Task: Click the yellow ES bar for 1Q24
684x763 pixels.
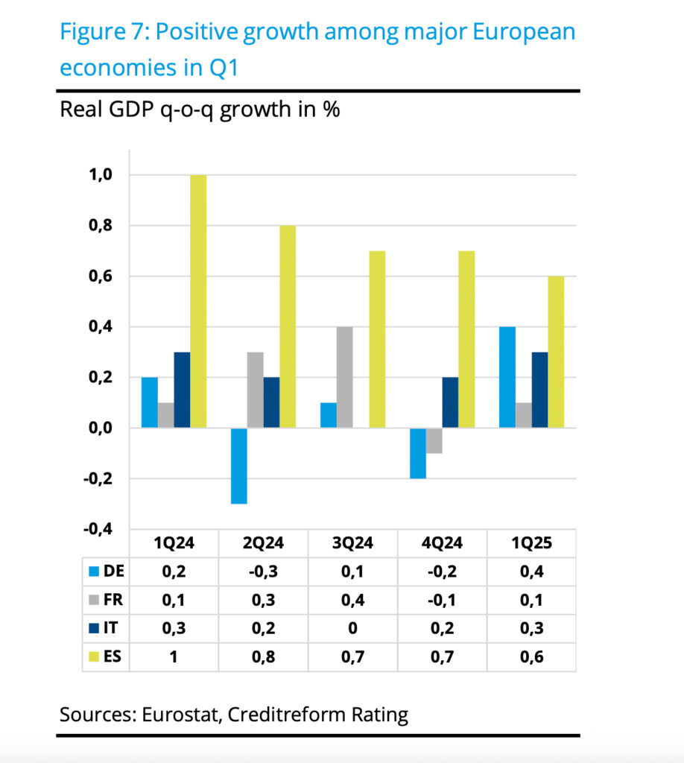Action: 198,301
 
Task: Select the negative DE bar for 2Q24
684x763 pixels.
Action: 238,466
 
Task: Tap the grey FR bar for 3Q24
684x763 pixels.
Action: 344,377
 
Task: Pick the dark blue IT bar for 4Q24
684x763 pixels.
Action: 450,402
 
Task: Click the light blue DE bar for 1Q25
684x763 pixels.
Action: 507,377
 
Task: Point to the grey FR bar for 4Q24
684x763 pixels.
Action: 434,440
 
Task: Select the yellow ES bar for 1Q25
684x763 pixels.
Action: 556,352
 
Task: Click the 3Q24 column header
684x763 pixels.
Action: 352,543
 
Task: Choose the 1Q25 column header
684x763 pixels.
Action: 531,543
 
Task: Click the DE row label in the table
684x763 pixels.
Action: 116,572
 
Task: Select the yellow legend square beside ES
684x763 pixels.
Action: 94,657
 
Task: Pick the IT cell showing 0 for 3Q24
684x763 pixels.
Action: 352,629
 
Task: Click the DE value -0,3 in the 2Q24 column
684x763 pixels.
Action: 263,572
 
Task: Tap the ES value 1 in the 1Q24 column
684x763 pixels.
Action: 174,657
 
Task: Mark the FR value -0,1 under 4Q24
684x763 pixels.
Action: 442,601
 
